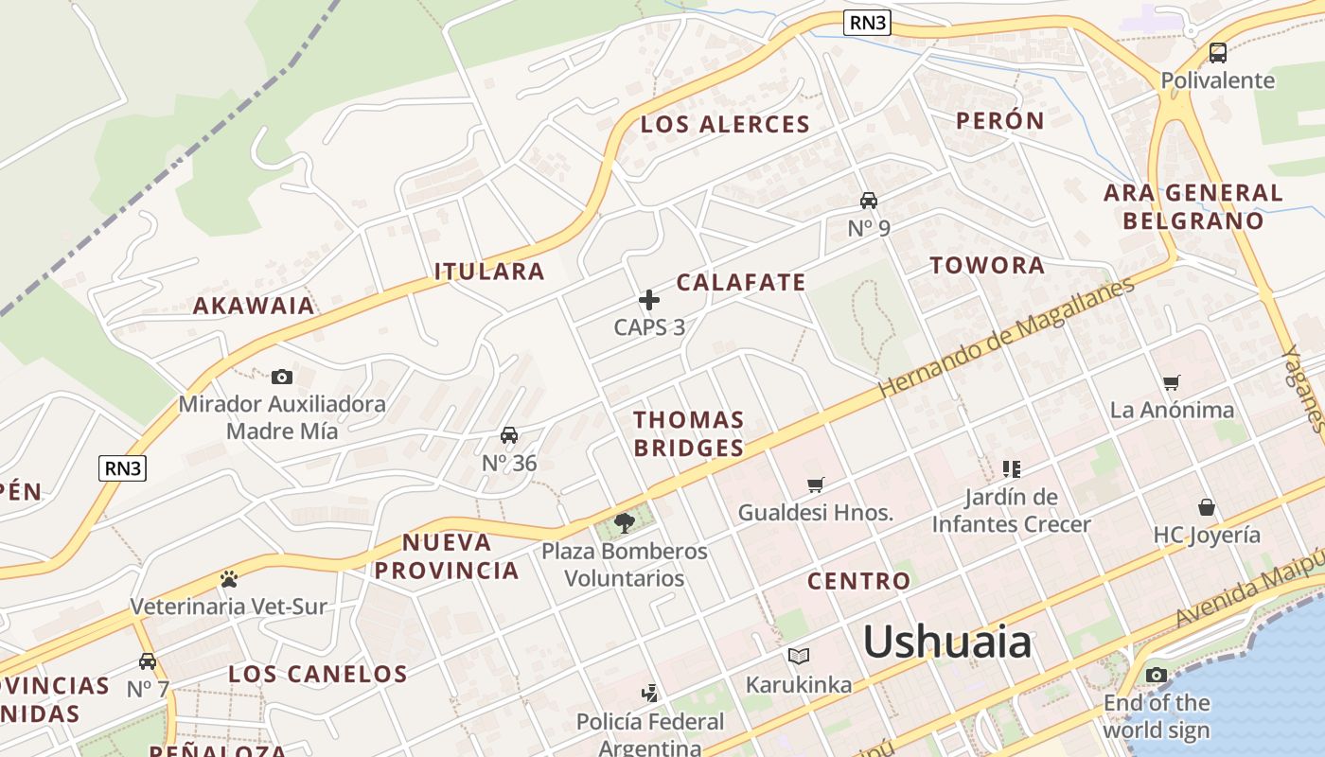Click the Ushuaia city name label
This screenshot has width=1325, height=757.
pos(946,643)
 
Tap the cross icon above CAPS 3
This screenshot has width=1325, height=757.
pos(649,300)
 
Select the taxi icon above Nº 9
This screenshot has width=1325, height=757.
pos(869,201)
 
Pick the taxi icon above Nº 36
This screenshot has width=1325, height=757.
pos(509,435)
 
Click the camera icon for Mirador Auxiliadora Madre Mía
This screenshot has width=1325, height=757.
pos(282,377)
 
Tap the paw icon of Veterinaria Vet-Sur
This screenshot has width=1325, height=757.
pos(228,579)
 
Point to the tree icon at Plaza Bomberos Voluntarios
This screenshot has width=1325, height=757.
pos(624,522)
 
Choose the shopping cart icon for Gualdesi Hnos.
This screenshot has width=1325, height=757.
pos(816,485)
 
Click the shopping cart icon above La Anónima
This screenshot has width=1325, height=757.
pos(1172,382)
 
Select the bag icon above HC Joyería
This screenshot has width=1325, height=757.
pos(1207,507)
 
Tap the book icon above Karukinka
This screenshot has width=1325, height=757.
pos(799,656)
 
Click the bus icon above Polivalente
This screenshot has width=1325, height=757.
pos(1218,53)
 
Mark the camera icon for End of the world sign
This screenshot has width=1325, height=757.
pos(1157,675)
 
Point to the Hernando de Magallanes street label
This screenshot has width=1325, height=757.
pos(1006,338)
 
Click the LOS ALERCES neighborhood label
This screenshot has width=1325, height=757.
pos(725,124)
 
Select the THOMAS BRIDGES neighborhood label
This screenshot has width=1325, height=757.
pos(689,433)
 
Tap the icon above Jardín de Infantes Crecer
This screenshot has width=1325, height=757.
pos(1012,468)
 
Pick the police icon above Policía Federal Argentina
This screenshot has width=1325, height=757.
pos(649,694)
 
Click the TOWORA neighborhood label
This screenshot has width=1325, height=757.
pos(987,266)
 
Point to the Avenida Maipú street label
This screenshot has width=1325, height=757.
pos(1249,590)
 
